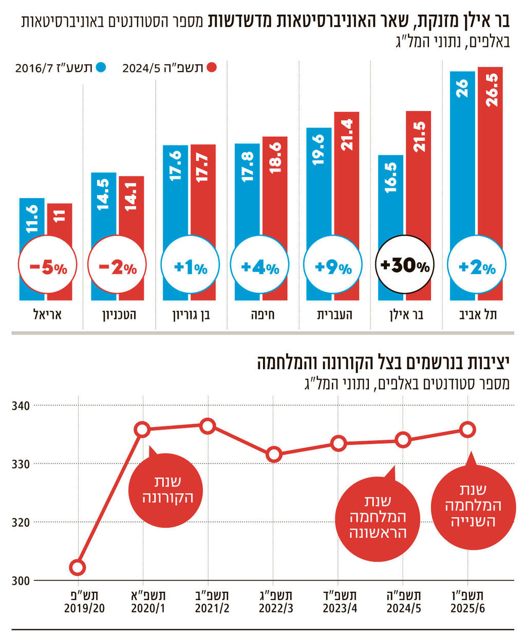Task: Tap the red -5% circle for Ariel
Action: (47, 267)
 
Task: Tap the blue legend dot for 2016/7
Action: (101, 67)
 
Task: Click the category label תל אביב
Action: (478, 315)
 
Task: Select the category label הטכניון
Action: (119, 315)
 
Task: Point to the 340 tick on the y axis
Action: (21, 406)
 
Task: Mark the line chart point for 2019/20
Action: (78, 568)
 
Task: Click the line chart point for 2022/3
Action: (274, 455)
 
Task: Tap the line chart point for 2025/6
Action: (467, 429)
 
